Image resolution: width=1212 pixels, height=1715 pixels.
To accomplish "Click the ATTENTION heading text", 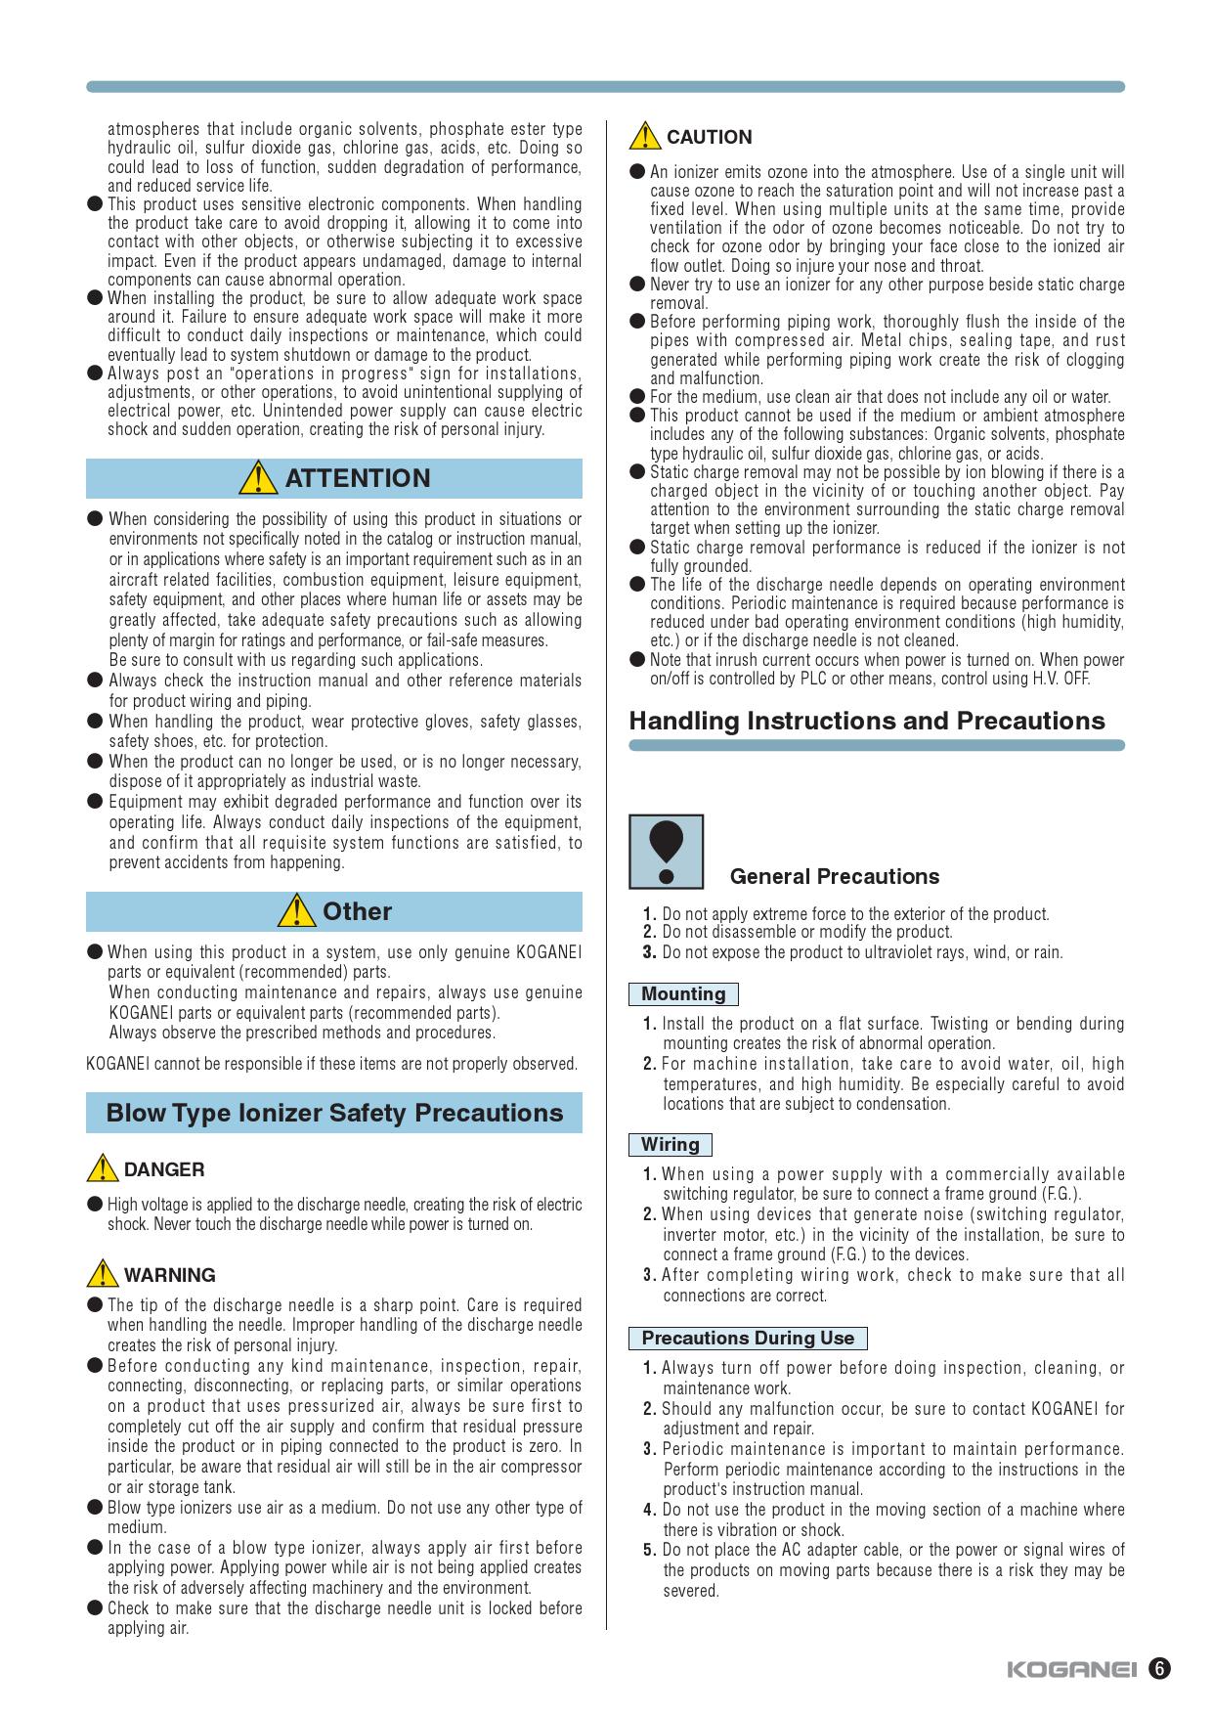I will tap(357, 478).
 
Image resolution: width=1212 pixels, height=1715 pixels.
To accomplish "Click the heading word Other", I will tap(357, 911).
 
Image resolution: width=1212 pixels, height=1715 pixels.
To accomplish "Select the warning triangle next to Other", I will tap(296, 911).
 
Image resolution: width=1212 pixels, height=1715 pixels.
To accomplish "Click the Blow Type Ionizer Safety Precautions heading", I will tap(334, 1113).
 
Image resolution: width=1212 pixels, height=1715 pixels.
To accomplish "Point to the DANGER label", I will tap(164, 1169).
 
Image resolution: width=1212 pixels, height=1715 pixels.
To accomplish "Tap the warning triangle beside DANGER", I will tap(102, 1169).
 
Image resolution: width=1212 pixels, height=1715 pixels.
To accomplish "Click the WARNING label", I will tap(170, 1275).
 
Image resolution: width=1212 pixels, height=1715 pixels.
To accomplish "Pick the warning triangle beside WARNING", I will tap(102, 1275).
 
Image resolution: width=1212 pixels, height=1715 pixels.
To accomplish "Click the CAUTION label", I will tap(709, 137).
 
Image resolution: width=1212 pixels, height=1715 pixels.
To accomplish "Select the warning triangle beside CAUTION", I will tap(644, 137).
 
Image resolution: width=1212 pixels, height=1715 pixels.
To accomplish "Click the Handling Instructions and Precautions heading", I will tap(866, 721).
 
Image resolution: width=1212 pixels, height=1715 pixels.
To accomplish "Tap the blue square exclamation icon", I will tap(666, 852).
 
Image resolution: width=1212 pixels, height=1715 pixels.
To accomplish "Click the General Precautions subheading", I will tap(834, 876).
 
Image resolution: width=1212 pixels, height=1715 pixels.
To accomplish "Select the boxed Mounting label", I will tap(683, 994).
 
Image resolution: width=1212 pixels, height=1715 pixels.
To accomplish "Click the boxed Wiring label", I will tap(670, 1145).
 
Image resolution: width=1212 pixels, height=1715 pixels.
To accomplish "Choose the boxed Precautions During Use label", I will tap(748, 1339).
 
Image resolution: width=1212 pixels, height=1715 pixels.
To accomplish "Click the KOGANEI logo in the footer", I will tap(1071, 1669).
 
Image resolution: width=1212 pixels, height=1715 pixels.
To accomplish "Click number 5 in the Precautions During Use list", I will tap(650, 1550).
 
